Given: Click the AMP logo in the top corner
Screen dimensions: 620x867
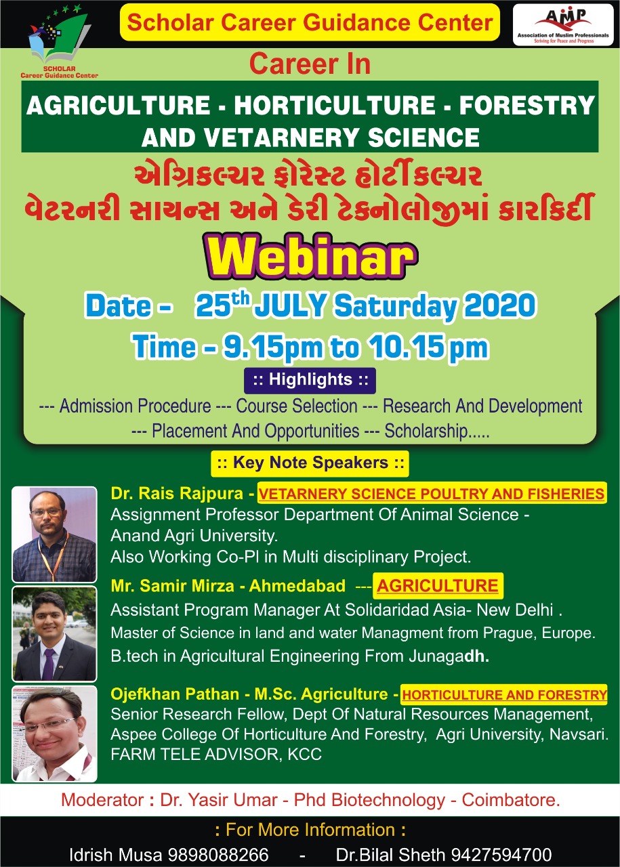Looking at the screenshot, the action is (563, 25).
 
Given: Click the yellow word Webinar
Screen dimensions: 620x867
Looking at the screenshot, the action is (312, 257).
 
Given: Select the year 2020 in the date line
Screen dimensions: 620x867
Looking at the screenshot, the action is (500, 305).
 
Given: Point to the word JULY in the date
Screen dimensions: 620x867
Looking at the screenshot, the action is (291, 305).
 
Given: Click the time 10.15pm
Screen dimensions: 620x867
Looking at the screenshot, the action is (428, 347).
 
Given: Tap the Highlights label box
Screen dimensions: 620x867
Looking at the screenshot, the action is (310, 380).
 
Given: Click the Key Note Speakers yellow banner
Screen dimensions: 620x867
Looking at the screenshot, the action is (310, 463).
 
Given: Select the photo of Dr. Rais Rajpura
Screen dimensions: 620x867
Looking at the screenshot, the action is (55, 534).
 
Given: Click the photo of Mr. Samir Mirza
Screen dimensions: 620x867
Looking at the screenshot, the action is (55, 633).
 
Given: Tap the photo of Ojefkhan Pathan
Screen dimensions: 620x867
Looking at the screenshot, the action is (55, 734).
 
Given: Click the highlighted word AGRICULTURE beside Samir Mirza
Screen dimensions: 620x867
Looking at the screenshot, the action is (438, 586).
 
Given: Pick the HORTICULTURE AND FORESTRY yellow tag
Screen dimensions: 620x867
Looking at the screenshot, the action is (504, 695).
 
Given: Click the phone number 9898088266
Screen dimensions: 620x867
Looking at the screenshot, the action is (218, 855).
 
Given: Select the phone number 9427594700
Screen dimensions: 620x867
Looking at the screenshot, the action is (501, 855).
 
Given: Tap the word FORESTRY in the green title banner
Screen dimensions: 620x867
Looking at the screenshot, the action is (527, 105).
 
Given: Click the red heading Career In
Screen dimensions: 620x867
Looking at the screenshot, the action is (310, 64).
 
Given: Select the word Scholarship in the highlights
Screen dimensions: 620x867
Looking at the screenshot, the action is (426, 431).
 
